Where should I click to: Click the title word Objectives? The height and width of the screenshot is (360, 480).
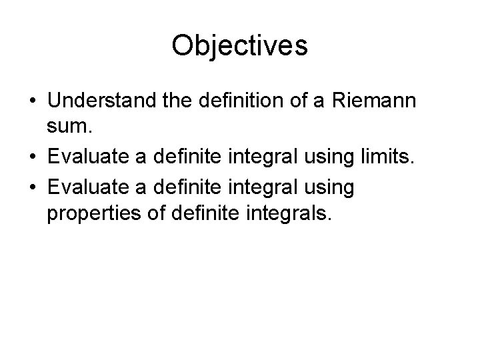(x=239, y=46)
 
